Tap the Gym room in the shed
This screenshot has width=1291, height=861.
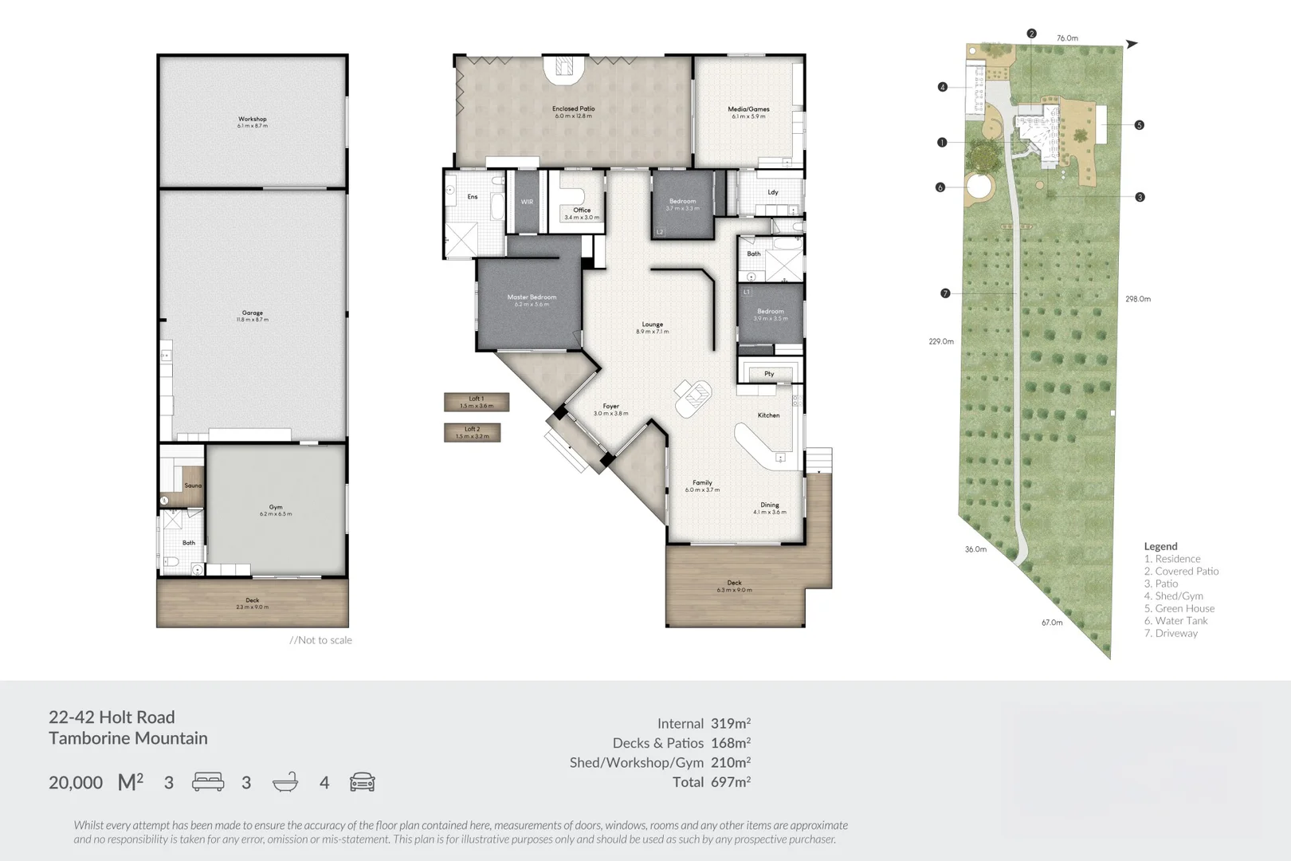click(276, 509)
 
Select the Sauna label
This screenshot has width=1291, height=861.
click(193, 486)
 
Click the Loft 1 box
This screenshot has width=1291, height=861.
click(477, 402)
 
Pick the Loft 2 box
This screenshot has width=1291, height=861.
click(473, 432)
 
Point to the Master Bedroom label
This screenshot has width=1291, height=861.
click(532, 300)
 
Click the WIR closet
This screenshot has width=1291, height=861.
click(527, 202)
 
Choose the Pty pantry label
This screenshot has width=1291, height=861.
click(769, 373)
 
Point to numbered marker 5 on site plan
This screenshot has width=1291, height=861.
click(1139, 125)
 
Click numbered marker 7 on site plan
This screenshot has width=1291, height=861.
click(945, 293)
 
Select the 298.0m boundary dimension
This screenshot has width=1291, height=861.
click(1137, 299)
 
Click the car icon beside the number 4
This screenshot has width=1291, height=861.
click(362, 782)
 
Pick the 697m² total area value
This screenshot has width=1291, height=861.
click(730, 782)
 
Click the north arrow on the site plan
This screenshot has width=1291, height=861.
click(1132, 44)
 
